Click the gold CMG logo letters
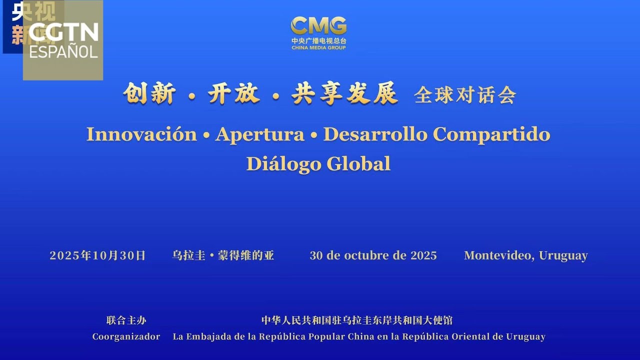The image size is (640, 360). [x=318, y=25]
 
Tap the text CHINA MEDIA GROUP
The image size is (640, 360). [x=318, y=48]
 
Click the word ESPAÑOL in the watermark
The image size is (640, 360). [x=63, y=51]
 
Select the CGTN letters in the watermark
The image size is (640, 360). [x=63, y=32]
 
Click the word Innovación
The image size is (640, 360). [x=141, y=134]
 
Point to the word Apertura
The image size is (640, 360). [x=259, y=134]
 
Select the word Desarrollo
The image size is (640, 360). [x=375, y=134]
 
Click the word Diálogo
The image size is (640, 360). [x=283, y=163]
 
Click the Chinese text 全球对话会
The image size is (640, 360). [x=464, y=95]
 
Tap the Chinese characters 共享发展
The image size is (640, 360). [x=345, y=94]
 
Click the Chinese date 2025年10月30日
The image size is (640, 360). [x=97, y=255]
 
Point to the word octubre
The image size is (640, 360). [x=366, y=255]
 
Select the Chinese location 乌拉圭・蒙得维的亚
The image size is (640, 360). [x=223, y=255]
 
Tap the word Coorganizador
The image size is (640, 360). [x=126, y=336]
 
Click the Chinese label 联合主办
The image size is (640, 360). [x=126, y=320]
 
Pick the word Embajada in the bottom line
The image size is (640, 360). [x=205, y=336]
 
